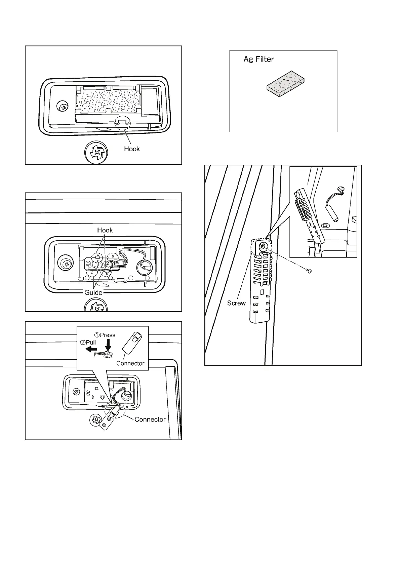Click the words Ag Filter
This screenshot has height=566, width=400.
click(x=258, y=59)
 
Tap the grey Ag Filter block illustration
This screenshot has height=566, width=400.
click(x=286, y=84)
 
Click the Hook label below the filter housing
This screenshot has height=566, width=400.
click(x=132, y=149)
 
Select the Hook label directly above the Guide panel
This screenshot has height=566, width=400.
click(x=105, y=230)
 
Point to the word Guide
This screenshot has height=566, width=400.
click(x=93, y=292)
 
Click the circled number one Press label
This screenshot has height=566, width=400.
click(x=105, y=335)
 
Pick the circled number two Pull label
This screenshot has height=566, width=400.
click(x=88, y=342)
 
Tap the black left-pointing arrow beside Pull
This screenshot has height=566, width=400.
click(x=91, y=349)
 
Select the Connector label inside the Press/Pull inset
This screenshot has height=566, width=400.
click(x=130, y=363)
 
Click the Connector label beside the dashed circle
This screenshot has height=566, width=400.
click(x=150, y=419)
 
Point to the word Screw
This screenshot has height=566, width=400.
click(x=236, y=303)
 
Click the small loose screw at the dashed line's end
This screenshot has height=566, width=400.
click(x=310, y=271)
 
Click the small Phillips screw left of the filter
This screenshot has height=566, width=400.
click(x=63, y=107)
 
